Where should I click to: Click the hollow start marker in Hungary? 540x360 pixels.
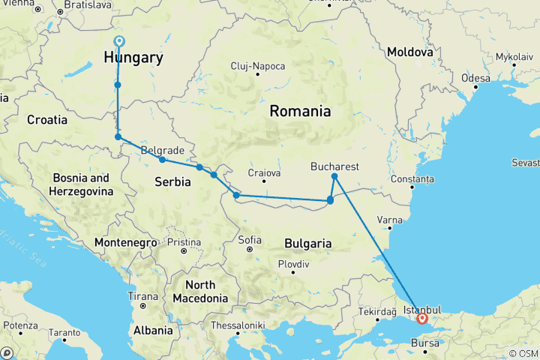[118, 41]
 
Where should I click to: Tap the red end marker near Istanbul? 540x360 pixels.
[422, 318]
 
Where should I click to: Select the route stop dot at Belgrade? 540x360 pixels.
[162, 160]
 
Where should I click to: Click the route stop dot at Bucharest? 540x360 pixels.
[334, 176]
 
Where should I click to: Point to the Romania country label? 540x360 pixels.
[300, 112]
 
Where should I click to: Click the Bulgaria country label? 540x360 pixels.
[307, 244]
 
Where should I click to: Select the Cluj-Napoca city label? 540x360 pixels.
[258, 66]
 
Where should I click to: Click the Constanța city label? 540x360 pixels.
[412, 180]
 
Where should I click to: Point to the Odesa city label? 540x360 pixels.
[475, 78]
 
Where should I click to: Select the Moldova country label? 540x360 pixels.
[409, 53]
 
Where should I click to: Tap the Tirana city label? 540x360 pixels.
[143, 295]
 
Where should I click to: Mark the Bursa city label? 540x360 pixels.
[425, 345]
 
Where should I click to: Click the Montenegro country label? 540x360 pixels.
[126, 243]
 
